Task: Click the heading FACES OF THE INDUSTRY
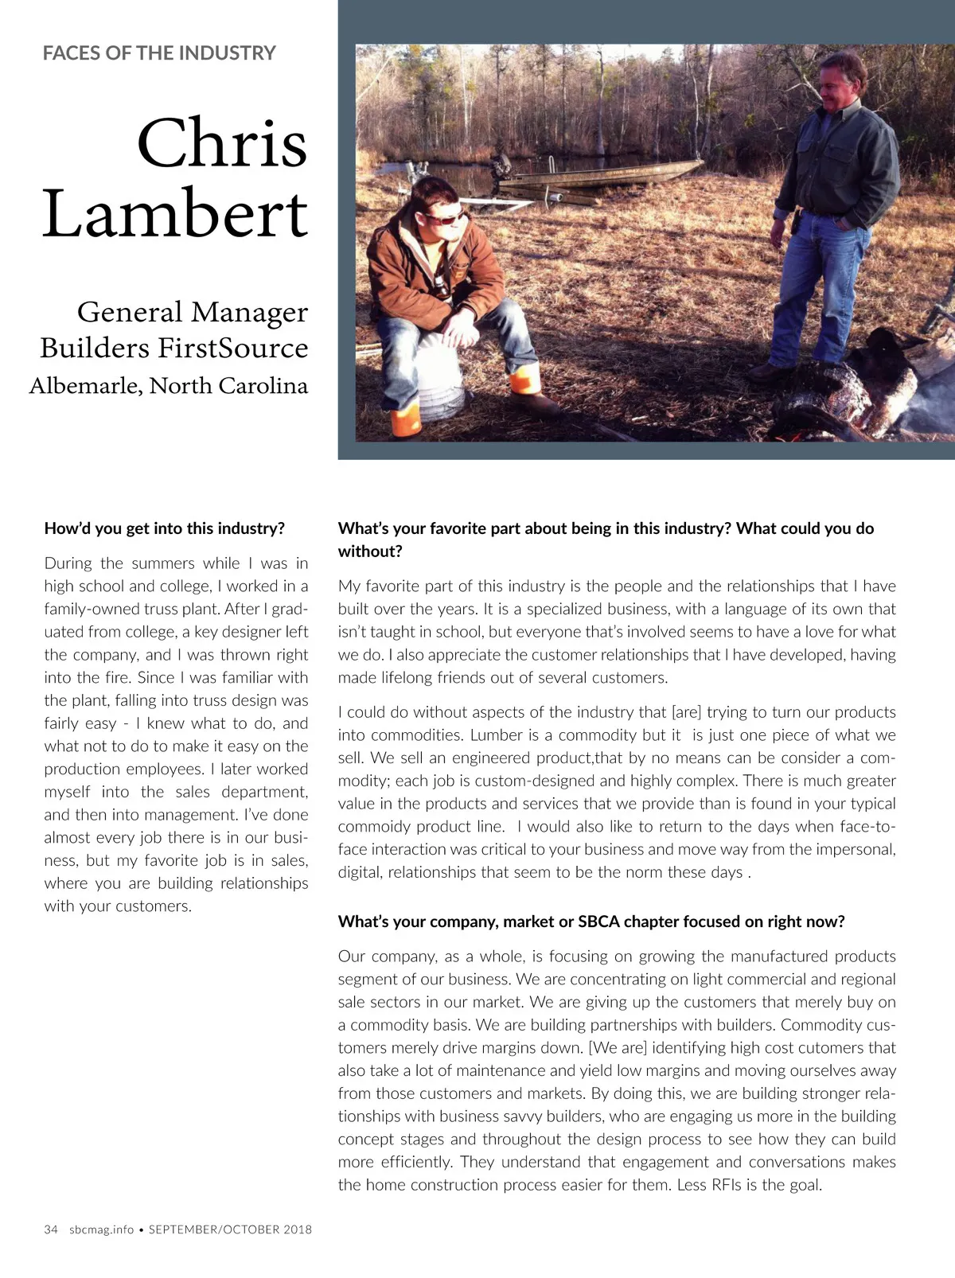pyautogui.click(x=159, y=53)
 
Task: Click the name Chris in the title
pyautogui.click(x=222, y=143)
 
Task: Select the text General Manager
pyautogui.click(x=192, y=311)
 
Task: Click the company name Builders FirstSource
pyautogui.click(x=173, y=348)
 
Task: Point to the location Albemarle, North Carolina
pyautogui.click(x=169, y=385)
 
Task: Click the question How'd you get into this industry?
pyautogui.click(x=164, y=528)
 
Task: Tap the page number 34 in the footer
pyautogui.click(x=51, y=1229)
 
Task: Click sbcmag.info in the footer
pyautogui.click(x=101, y=1229)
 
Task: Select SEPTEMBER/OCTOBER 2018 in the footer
pyautogui.click(x=230, y=1229)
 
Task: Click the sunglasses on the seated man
pyautogui.click(x=446, y=217)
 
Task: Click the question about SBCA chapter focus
pyautogui.click(x=591, y=921)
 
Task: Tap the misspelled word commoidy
pyautogui.click(x=374, y=827)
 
